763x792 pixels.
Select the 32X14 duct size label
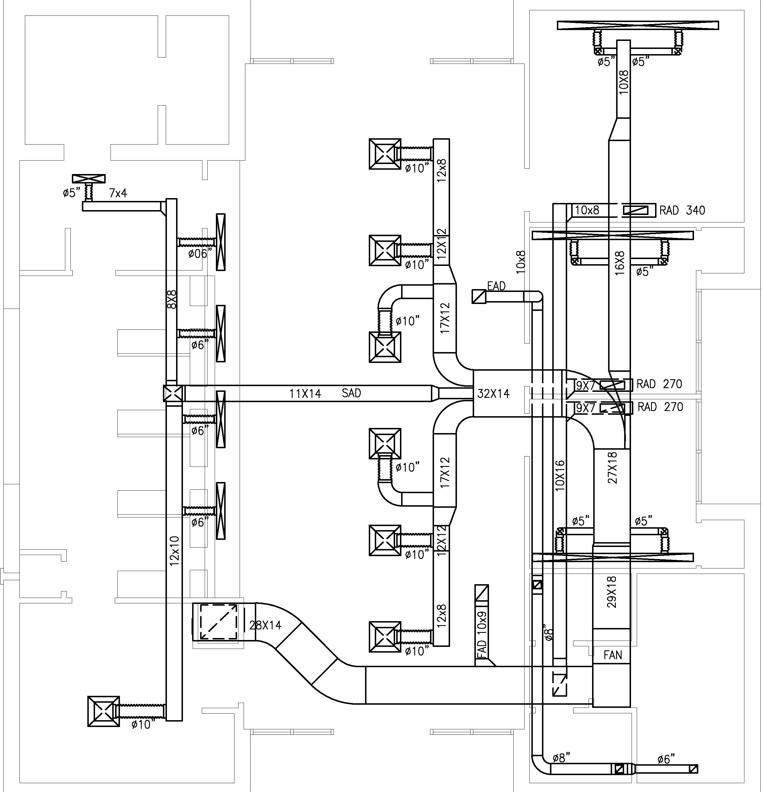493,394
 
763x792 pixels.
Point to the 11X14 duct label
305,394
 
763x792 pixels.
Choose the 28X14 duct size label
265,625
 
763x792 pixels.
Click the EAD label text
496,286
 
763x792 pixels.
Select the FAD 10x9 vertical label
482,633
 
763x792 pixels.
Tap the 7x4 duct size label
118,193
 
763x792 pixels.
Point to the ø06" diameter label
200,254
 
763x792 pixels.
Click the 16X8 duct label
620,263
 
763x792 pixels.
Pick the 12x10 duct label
174,550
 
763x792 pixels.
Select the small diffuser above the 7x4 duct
88,179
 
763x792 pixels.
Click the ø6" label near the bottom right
666,759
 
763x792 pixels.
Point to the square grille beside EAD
478,296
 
